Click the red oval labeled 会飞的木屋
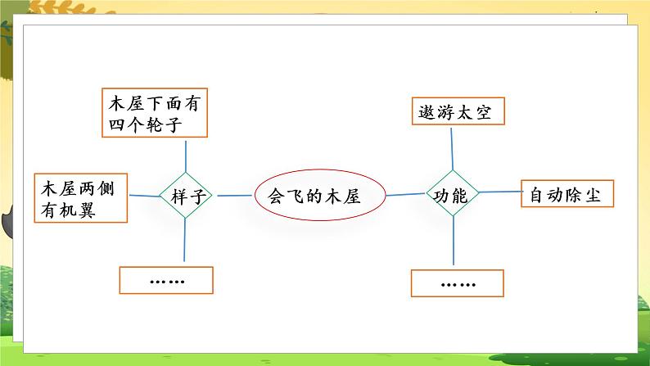[308, 196]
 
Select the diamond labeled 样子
[186, 196]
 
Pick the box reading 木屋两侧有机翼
[80, 198]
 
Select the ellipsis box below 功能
[457, 283]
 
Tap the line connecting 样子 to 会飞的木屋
[233, 196]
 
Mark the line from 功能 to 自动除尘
[499, 193]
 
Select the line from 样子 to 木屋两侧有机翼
[143, 196]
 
